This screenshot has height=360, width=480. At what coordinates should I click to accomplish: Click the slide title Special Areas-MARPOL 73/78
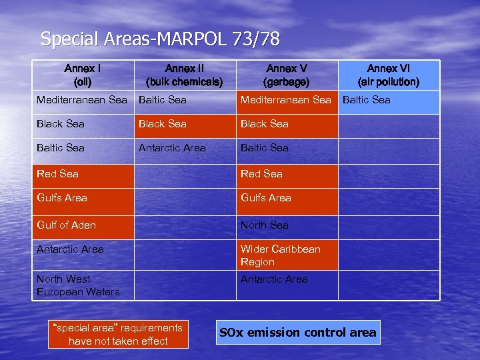[160, 39]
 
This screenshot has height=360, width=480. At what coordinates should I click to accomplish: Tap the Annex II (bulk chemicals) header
[184, 75]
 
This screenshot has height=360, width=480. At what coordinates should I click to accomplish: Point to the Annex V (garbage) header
[286, 75]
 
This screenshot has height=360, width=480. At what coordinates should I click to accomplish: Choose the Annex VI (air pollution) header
[389, 75]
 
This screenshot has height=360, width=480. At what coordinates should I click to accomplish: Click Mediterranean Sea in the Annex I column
[81, 100]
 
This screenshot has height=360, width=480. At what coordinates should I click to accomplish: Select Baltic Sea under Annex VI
[366, 100]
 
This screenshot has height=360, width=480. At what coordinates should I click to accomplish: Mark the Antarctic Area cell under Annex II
[172, 148]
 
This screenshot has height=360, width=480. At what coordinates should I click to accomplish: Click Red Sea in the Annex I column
[57, 174]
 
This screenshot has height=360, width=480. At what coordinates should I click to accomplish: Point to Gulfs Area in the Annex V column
[266, 198]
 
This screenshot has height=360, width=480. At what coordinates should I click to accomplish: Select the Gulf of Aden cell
[66, 225]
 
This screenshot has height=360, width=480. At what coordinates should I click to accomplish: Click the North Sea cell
[265, 225]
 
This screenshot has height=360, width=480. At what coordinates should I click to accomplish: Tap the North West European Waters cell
[78, 285]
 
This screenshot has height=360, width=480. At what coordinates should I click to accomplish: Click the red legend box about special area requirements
[118, 335]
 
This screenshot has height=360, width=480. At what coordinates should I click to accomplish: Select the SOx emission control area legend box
[299, 333]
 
